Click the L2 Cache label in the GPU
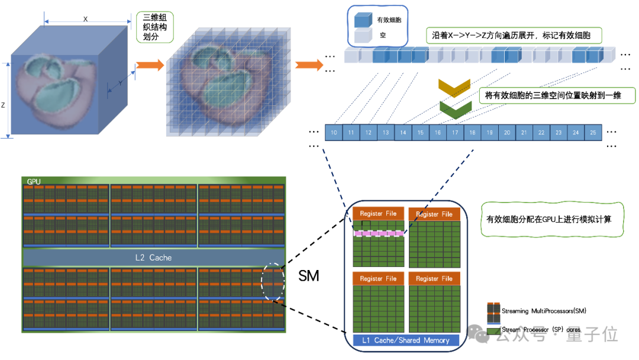point(154,258)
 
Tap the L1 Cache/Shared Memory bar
point(405,340)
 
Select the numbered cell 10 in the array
point(334,133)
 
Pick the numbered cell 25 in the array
point(593,133)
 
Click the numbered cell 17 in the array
point(455,133)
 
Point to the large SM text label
point(308,275)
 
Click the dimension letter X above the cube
point(85,19)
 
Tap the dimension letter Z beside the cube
point(3,105)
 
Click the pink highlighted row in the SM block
point(378,233)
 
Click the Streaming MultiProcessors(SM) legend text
point(544,311)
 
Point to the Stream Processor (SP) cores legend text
point(541,329)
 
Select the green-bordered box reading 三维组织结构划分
point(154,27)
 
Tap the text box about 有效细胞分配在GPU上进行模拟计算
point(548,219)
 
